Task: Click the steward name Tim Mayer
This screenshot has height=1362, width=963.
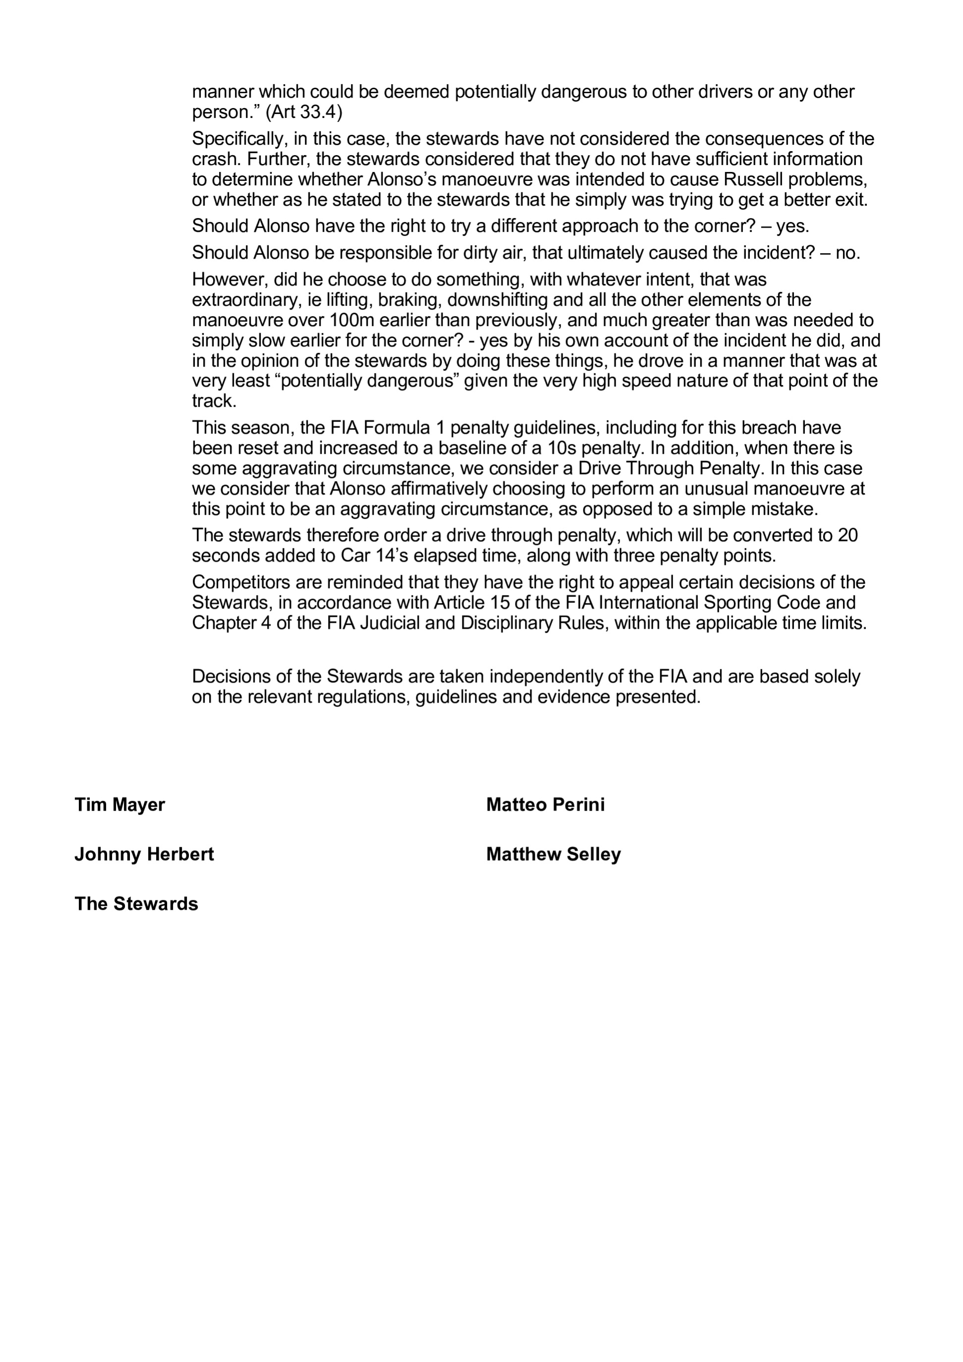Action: [119, 805]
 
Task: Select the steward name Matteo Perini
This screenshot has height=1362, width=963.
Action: [545, 805]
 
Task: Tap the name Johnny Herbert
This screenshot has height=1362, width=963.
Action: [144, 854]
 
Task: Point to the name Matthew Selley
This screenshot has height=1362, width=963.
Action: [553, 854]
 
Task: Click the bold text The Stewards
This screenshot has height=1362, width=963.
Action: [136, 903]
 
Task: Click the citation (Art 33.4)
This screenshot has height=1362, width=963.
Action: [304, 111]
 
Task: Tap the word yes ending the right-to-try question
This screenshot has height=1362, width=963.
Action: [792, 226]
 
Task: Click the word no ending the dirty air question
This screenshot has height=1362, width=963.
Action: [848, 253]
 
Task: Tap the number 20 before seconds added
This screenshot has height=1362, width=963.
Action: [848, 535]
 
